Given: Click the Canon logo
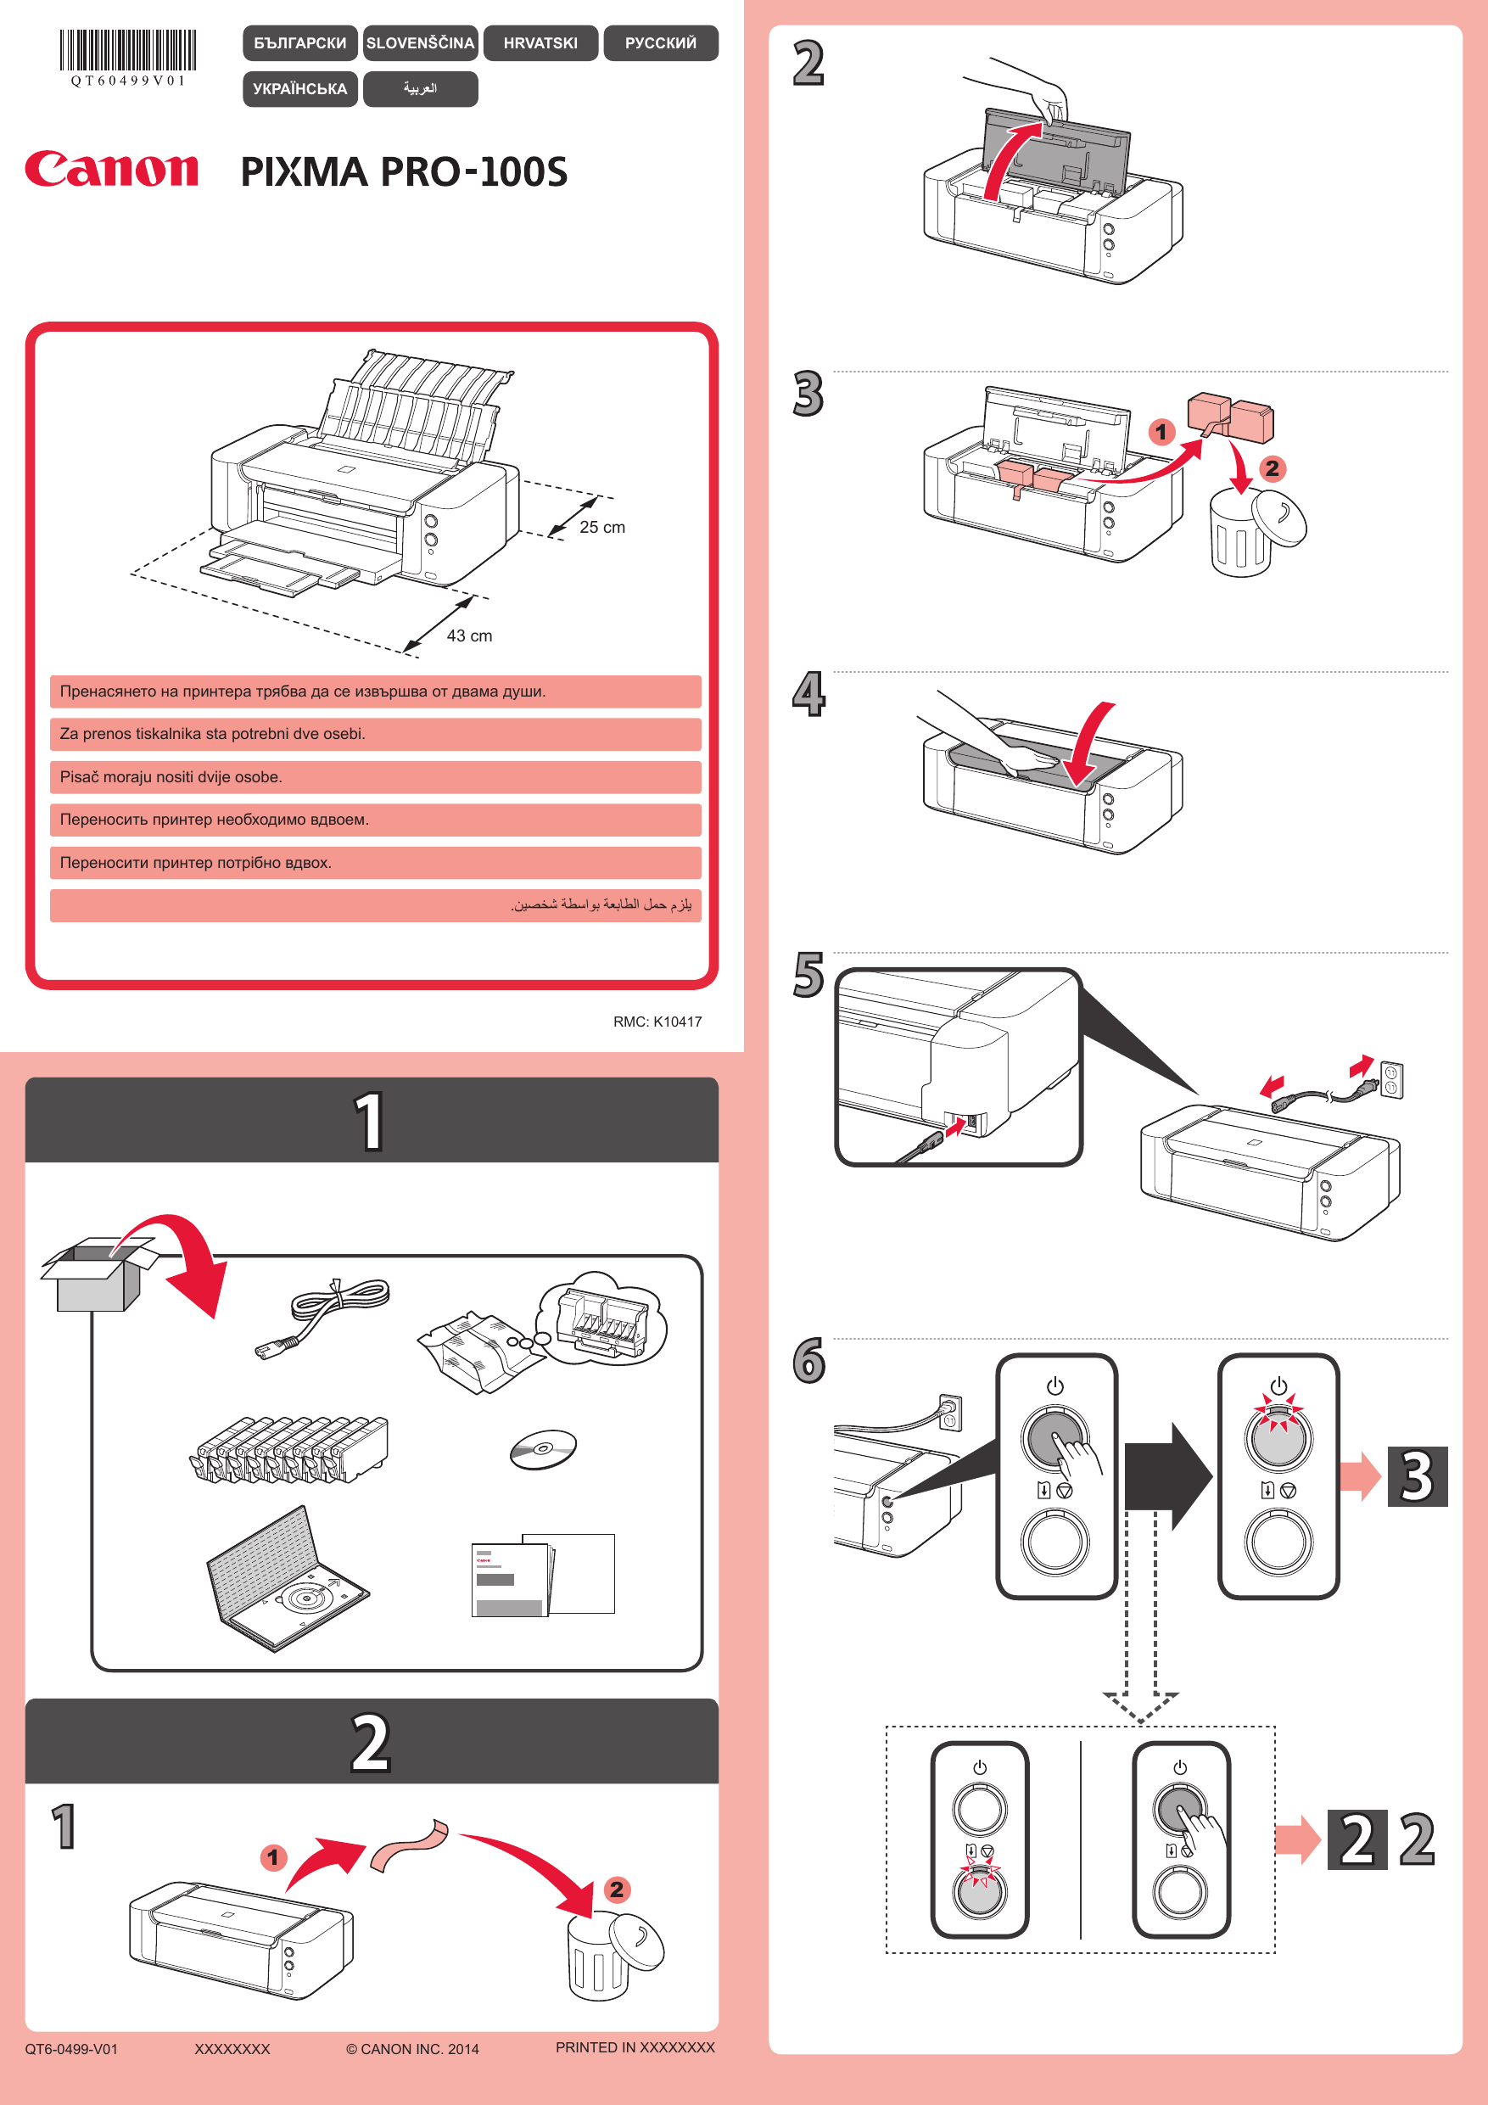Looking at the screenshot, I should pyautogui.click(x=111, y=170).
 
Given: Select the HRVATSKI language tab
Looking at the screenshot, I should pyautogui.click(x=540, y=43).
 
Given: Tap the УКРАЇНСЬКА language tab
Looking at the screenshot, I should pyautogui.click(x=299, y=89).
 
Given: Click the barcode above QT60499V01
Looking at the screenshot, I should pyautogui.click(x=128, y=50).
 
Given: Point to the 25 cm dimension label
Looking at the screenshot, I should pyautogui.click(x=601, y=527).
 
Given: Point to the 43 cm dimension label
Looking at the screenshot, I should pyautogui.click(x=468, y=635).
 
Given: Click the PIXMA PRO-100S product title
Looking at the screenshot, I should pyautogui.click(x=404, y=171).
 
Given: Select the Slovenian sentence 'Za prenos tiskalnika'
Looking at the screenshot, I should pyautogui.click(x=213, y=733).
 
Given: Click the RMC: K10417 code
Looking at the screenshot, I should pyautogui.click(x=657, y=1022).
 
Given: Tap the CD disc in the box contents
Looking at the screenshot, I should pyautogui.click(x=543, y=1448).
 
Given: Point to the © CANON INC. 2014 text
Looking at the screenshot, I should pyautogui.click(x=411, y=2049).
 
